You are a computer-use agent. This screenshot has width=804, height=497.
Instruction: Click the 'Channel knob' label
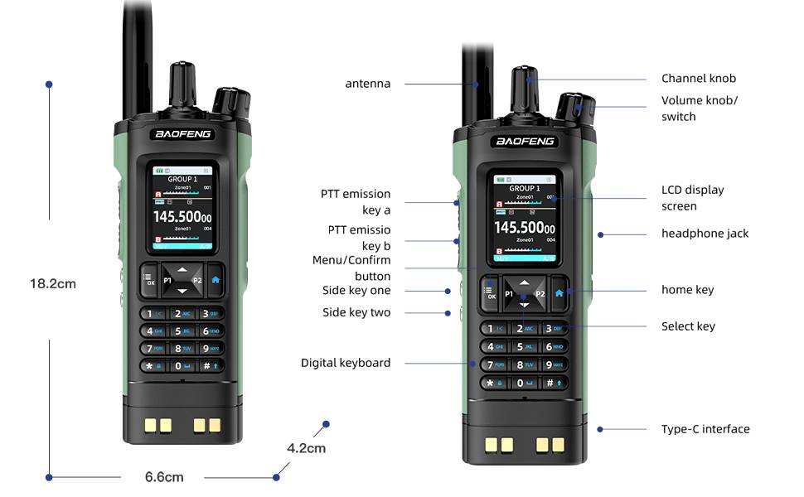coord(698,79)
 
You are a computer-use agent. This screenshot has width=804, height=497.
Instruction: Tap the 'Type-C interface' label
coord(705,429)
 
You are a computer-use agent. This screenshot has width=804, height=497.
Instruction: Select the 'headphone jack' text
coord(705,234)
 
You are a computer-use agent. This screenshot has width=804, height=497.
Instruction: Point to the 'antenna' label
coord(367,84)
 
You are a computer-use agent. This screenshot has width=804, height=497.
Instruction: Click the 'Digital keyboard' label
coord(345,363)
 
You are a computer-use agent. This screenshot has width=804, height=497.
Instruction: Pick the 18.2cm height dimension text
coord(52,283)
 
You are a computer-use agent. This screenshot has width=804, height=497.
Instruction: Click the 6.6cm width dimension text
coord(164,477)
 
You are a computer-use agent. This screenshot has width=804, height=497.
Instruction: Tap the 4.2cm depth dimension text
coord(306,449)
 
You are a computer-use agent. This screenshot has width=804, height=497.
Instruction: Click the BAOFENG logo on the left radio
coord(183,134)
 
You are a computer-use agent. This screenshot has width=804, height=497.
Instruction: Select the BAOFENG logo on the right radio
coord(525,142)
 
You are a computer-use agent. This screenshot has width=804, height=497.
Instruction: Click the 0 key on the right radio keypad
coord(524,383)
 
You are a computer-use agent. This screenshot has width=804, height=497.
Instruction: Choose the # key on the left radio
coord(210,365)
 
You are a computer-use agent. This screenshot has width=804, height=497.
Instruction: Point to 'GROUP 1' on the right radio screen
coord(523,189)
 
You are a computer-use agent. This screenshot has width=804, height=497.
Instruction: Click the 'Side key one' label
coord(356,291)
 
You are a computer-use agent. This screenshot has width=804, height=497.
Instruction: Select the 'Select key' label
coord(688,326)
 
